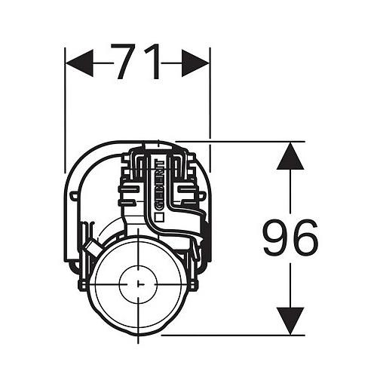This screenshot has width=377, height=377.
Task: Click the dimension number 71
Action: pyautogui.click(x=137, y=62)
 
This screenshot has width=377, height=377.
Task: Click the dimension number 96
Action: pyautogui.click(x=290, y=238)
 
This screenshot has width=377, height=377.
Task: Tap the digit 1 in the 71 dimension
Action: pyautogui.click(x=153, y=62)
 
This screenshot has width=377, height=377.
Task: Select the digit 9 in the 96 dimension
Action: pyautogui.click(x=276, y=238)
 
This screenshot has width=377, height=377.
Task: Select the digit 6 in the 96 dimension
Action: pyautogui.click(x=305, y=238)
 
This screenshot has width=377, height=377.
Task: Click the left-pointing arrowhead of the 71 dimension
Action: pyautogui.click(x=79, y=63)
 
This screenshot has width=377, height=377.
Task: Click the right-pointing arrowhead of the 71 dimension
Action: pyautogui.click(x=195, y=63)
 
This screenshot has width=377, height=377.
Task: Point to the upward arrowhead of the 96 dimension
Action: pyautogui.click(x=290, y=155)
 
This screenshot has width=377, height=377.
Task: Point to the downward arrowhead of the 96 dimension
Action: pyautogui.click(x=290, y=321)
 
